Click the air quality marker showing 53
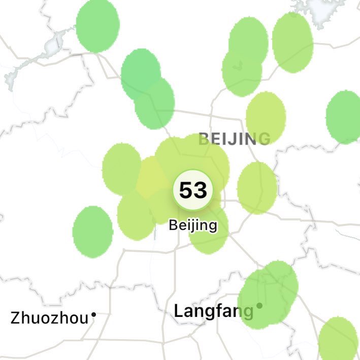[193, 190]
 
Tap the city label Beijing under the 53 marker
[193, 225]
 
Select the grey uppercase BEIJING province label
[234, 138]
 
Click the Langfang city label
[213, 310]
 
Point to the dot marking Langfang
[259, 306]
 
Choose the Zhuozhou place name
[49, 318]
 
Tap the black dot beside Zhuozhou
[93, 315]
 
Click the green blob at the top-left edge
[97, 25]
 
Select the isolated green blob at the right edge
[344, 117]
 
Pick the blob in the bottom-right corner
[338, 339]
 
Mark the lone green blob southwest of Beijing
[92, 231]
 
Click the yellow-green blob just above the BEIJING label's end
[266, 117]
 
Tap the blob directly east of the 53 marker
[257, 188]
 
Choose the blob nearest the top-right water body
[292, 42]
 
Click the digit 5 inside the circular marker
[186, 190]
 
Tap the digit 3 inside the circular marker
[200, 190]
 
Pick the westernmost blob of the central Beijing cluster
[122, 169]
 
